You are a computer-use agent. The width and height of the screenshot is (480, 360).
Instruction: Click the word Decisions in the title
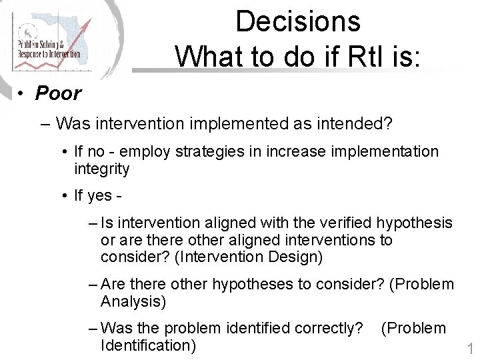pyautogui.click(x=297, y=21)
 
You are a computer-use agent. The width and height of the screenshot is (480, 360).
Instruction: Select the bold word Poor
pyautogui.click(x=58, y=93)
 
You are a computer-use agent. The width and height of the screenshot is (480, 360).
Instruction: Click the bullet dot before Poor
pyautogui.click(x=22, y=94)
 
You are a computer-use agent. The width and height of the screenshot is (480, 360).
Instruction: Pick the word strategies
pyautogui.click(x=207, y=152)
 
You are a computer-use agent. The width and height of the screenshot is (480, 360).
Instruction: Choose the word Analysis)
pyautogui.click(x=133, y=301)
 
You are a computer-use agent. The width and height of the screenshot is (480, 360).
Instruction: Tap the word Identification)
pyautogui.click(x=148, y=345)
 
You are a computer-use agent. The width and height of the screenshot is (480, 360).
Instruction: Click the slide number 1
pyautogui.click(x=469, y=349)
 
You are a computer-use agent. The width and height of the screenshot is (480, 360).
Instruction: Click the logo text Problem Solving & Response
pyautogui.click(x=48, y=48)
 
